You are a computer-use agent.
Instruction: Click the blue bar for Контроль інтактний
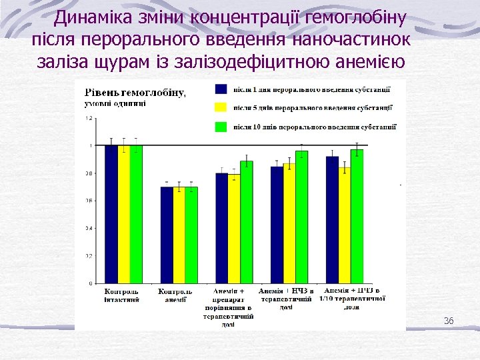tap(111, 214)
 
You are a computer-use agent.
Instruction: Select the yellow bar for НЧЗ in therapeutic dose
tap(289, 223)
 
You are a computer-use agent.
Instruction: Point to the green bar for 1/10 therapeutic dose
tap(357, 216)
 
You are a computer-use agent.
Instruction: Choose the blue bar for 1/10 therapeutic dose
tap(332, 219)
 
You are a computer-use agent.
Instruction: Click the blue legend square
tap(221, 89)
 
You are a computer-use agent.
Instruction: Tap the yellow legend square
tap(221, 107)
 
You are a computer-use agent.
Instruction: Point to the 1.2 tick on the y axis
tap(89, 118)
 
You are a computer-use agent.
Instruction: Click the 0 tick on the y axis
tap(91, 283)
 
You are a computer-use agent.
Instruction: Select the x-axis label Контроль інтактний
tap(122, 296)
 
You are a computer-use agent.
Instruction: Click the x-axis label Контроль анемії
tap(176, 296)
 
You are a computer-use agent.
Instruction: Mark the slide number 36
tap(449, 321)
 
